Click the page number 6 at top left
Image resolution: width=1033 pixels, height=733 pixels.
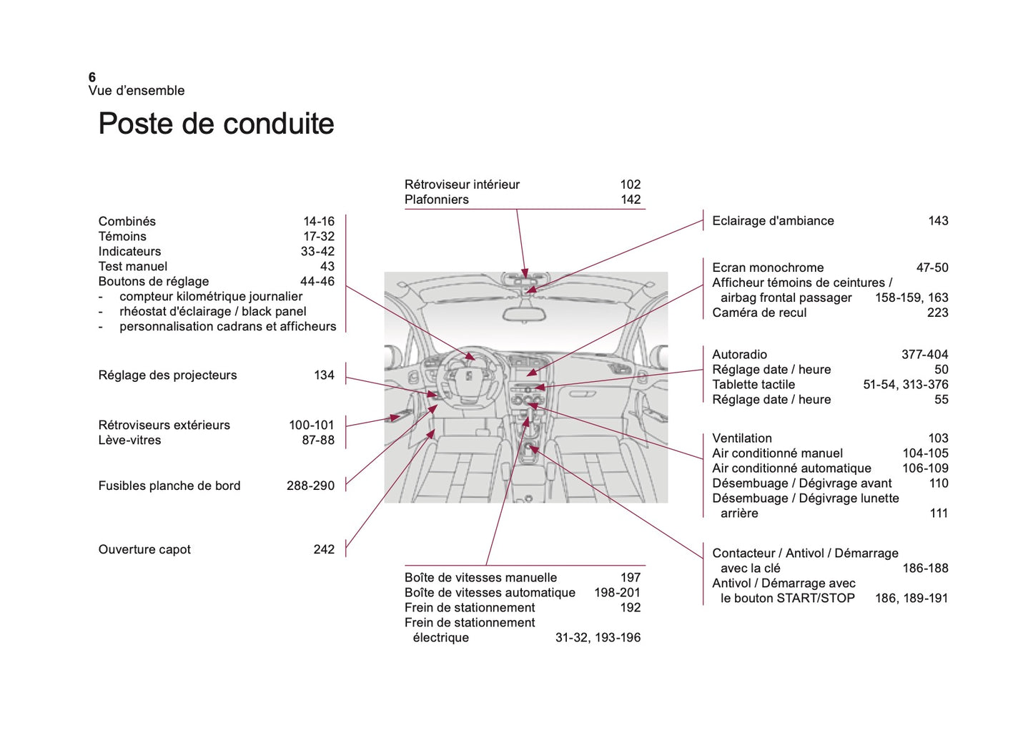pyautogui.click(x=92, y=77)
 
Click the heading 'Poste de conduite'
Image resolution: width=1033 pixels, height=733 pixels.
pyautogui.click(x=216, y=124)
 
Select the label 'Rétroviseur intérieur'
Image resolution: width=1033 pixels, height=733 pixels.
pyautogui.click(x=462, y=185)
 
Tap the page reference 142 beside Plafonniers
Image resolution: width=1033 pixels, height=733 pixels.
pyautogui.click(x=630, y=200)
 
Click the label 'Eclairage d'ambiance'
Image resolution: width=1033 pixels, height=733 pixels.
pyautogui.click(x=773, y=221)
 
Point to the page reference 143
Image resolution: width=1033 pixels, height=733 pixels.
pyautogui.click(x=937, y=221)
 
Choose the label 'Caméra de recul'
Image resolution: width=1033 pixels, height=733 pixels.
pyautogui.click(x=759, y=313)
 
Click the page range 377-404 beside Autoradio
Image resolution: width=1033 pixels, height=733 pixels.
pyautogui.click(x=924, y=355)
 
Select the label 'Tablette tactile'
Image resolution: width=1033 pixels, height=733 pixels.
pyautogui.click(x=753, y=385)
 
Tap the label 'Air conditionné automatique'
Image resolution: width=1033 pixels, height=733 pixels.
pyautogui.click(x=791, y=468)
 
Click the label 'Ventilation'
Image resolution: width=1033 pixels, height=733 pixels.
pyautogui.click(x=742, y=438)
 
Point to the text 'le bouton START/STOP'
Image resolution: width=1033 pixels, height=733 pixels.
pyautogui.click(x=787, y=599)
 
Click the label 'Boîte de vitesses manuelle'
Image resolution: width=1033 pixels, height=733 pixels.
pyautogui.click(x=480, y=578)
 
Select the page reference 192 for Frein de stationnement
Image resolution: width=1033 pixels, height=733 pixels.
pyautogui.click(x=630, y=608)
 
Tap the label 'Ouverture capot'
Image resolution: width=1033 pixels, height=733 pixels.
pyautogui.click(x=144, y=550)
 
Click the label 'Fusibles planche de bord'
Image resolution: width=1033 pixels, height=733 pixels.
pyautogui.click(x=169, y=486)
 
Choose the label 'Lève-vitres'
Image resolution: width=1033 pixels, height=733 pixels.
pyautogui.click(x=129, y=441)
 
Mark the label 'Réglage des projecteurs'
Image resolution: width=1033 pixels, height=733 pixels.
pyautogui.click(x=167, y=375)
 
